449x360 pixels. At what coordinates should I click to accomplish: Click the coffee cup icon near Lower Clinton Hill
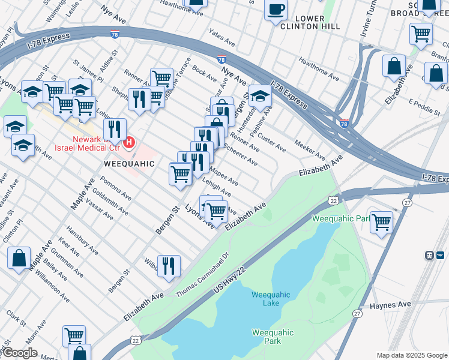(276, 10)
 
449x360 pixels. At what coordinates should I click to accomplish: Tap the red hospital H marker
(128, 143)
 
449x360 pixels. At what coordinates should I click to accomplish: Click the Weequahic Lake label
(271, 299)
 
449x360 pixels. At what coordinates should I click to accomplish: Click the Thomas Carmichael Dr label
(202, 274)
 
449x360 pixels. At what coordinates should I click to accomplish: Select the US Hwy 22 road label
(235, 282)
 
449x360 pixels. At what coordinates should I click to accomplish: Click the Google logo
(19, 353)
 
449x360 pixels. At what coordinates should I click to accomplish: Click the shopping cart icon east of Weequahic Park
(381, 221)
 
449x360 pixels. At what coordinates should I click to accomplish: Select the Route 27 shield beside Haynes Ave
(358, 313)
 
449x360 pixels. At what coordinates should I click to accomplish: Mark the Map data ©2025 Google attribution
(411, 355)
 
